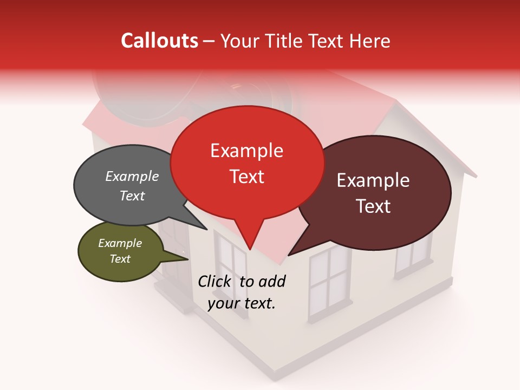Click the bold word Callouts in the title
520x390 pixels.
pyautogui.click(x=159, y=41)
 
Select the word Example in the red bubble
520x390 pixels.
pyautogui.click(x=246, y=151)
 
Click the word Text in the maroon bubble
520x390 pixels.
pyautogui.click(x=374, y=206)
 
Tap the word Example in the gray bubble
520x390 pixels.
pyautogui.click(x=132, y=177)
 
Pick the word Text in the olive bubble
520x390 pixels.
pyautogui.click(x=120, y=259)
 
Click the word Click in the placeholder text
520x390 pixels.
pyautogui.click(x=216, y=281)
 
